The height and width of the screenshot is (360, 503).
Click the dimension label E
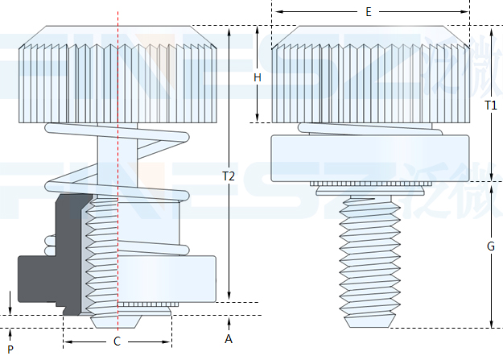click(x=368, y=12)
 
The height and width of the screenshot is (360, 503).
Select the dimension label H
click(x=258, y=77)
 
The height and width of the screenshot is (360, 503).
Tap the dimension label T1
click(x=490, y=106)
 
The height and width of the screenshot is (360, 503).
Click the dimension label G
click(x=490, y=247)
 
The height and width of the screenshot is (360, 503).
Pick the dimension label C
click(x=117, y=341)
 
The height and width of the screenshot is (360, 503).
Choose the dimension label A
click(x=229, y=339)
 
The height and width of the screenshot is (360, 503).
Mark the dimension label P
click(x=10, y=349)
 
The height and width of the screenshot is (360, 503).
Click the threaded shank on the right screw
click(x=370, y=258)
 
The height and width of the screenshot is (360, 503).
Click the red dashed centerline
click(x=118, y=161)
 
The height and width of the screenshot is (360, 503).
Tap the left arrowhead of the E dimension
click(x=274, y=12)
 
